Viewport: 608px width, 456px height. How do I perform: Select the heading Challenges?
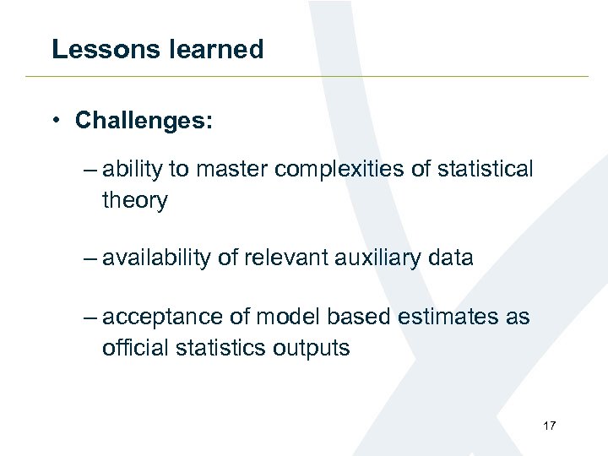144,121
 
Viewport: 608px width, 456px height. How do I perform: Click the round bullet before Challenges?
55,121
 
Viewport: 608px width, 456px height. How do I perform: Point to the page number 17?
549,426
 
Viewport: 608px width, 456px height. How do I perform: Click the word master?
234,170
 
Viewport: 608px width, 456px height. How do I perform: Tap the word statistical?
484,170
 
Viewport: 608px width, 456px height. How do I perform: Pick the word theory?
135,200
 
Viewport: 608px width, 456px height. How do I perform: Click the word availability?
156,258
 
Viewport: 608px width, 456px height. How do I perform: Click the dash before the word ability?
90,170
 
